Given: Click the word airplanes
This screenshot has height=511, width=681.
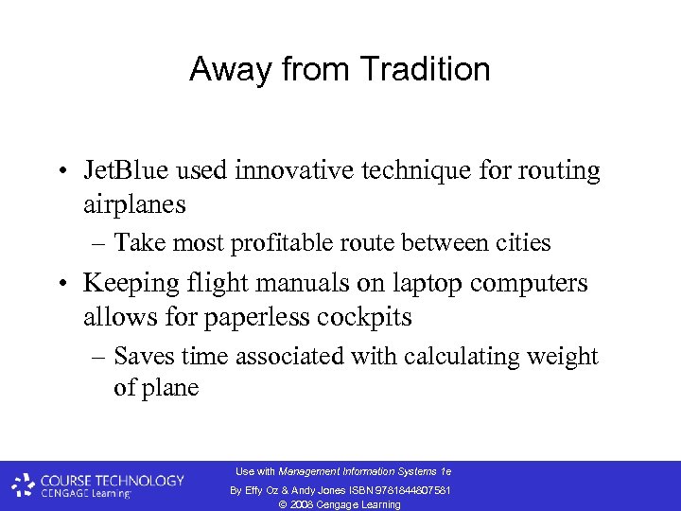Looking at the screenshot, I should pyautogui.click(x=134, y=203).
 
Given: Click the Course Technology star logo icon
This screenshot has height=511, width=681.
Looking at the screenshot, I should pyautogui.click(x=23, y=485).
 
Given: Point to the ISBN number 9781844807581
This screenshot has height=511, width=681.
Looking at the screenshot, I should pyautogui.click(x=413, y=489).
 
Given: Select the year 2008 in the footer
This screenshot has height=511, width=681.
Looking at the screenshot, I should pyautogui.click(x=305, y=504).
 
